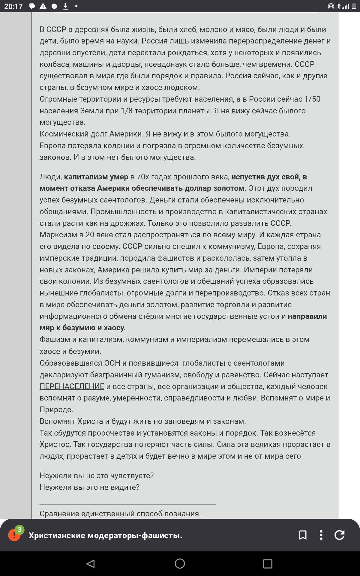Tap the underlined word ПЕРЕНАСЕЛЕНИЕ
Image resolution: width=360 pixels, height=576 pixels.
pyautogui.click(x=72, y=386)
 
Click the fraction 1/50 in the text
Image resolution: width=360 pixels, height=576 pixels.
pyautogui.click(x=312, y=99)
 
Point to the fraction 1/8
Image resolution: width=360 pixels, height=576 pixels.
pyautogui.click(x=127, y=111)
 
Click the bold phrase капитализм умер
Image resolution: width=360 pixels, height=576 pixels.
pyautogui.click(x=96, y=177)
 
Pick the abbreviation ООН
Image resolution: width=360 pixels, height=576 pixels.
pyautogui.click(x=112, y=363)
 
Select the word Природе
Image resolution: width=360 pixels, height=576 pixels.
pyautogui.click(x=56, y=409)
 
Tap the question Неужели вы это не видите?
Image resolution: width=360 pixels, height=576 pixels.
pyautogui.click(x=89, y=487)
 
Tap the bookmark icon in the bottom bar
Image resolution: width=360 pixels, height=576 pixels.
pyautogui.click(x=303, y=535)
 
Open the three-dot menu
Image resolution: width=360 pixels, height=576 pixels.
pyautogui.click(x=321, y=535)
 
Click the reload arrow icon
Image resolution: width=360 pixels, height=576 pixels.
pyautogui.click(x=340, y=535)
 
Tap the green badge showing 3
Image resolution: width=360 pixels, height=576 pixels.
pyautogui.click(x=19, y=530)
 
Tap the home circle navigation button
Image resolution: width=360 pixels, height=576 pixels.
pyautogui.click(x=180, y=564)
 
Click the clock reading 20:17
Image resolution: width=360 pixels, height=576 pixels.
pyautogui.click(x=13, y=6)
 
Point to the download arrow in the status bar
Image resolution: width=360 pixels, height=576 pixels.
pyautogui.click(x=65, y=6)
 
